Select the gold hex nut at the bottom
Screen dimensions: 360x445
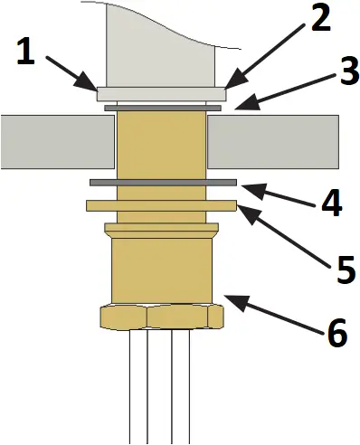click(x=160, y=316)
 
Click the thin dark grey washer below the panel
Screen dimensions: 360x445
click(x=163, y=183)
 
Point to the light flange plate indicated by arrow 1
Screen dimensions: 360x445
click(x=161, y=92)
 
